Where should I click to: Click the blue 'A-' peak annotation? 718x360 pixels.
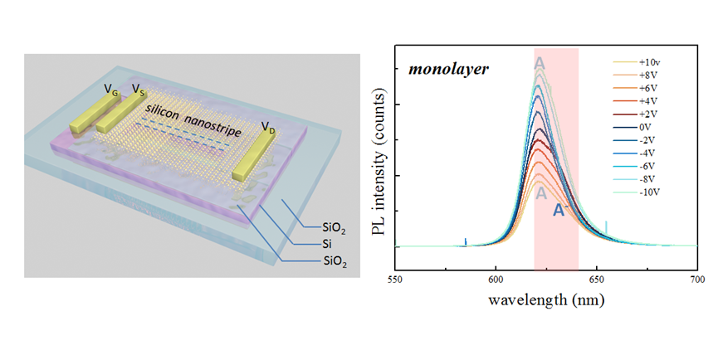(560, 212)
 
